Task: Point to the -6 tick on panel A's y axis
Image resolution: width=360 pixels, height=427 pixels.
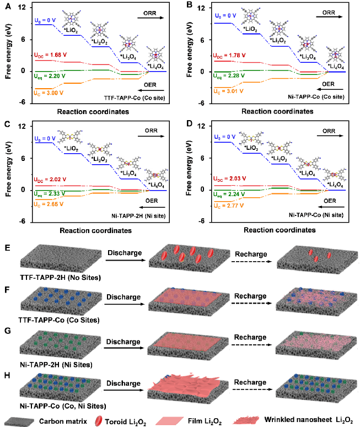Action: [23, 102]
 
